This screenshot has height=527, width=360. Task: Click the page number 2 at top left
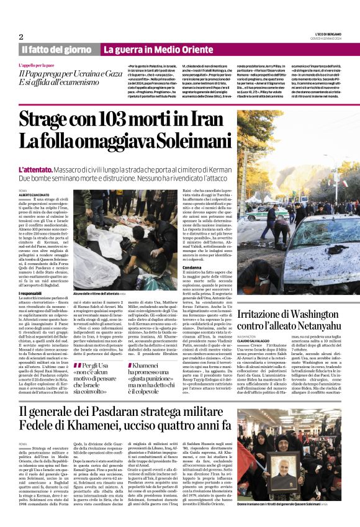coord(20,37)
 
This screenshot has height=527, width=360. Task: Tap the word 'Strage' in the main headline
coord(48,119)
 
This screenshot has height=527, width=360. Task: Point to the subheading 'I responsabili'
coord(31,293)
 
